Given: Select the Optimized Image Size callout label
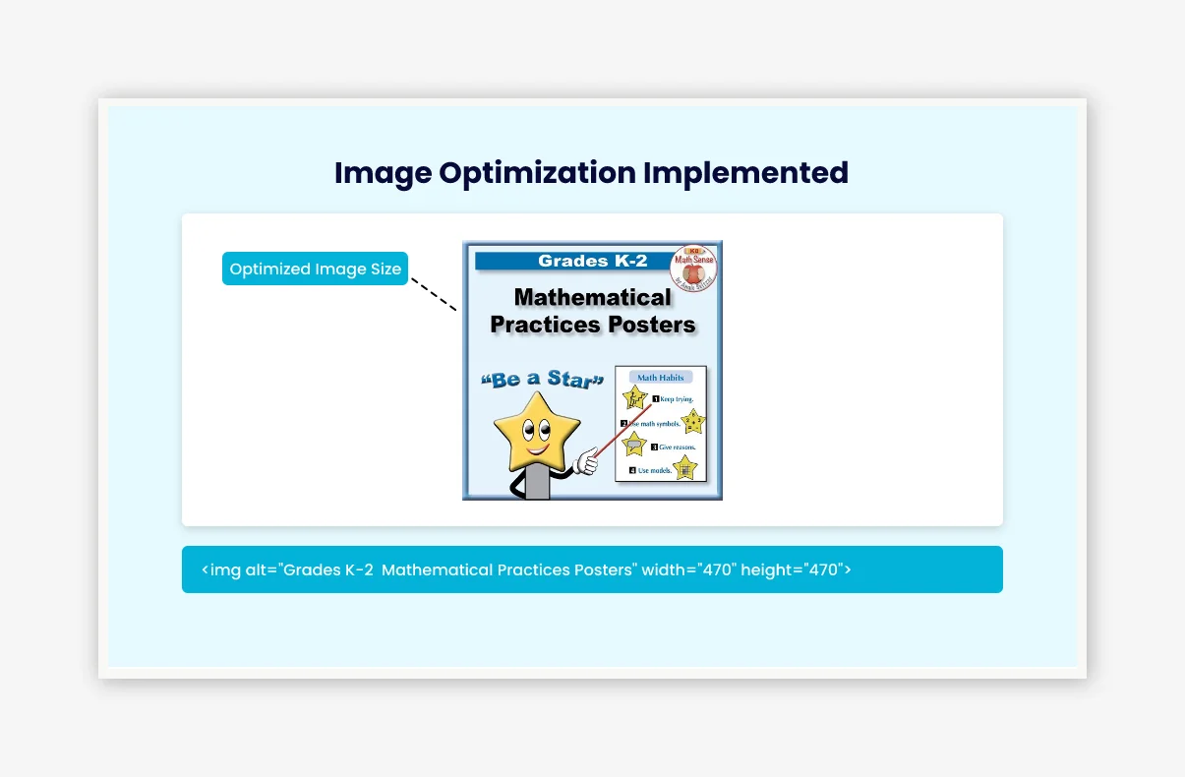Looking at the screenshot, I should (315, 269).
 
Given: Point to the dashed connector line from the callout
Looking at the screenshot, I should (434, 294).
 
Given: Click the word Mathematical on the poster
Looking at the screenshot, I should (592, 297).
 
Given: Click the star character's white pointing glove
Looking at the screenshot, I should (587, 459).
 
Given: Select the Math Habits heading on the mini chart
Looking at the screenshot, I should (660, 378).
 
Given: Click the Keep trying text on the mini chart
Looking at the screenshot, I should (677, 399).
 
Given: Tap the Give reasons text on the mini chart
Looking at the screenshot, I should (679, 448).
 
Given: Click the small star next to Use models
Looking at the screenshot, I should (684, 468).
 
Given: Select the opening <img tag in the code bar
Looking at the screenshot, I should (221, 569).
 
